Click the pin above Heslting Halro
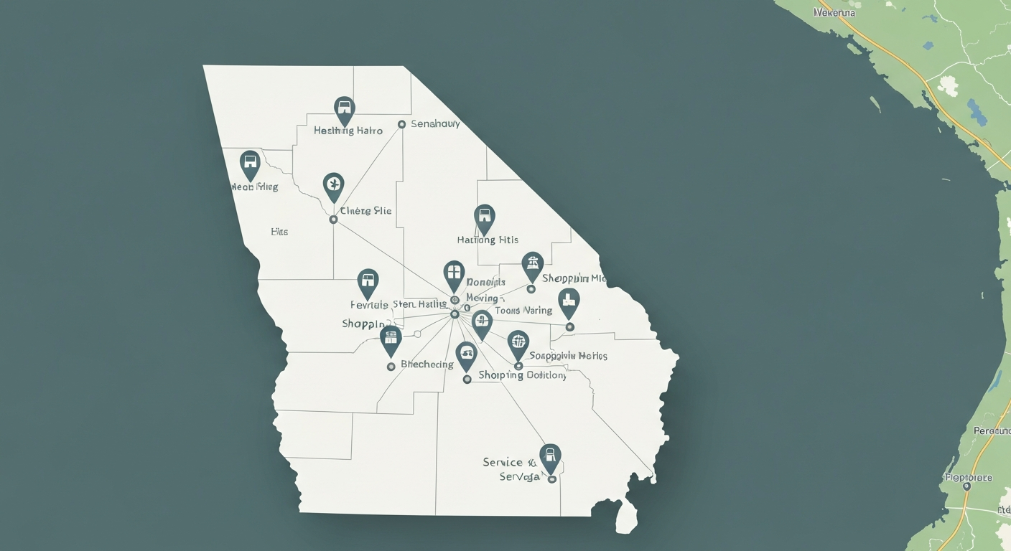(345, 110)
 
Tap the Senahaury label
(435, 123)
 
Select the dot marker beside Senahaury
(401, 124)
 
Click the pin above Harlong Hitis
(485, 217)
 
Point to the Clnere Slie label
(366, 211)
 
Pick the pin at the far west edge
(249, 164)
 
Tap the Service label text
(503, 462)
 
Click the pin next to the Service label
(550, 457)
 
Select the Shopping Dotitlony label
(522, 375)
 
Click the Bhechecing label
(427, 364)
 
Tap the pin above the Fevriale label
(368, 282)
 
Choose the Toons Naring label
(523, 311)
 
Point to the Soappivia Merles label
(568, 356)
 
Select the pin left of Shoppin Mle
(532, 265)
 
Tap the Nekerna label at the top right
(835, 13)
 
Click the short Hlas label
(279, 232)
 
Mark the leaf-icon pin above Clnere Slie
(333, 186)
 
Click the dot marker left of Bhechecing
(391, 367)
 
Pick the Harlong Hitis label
(488, 240)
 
